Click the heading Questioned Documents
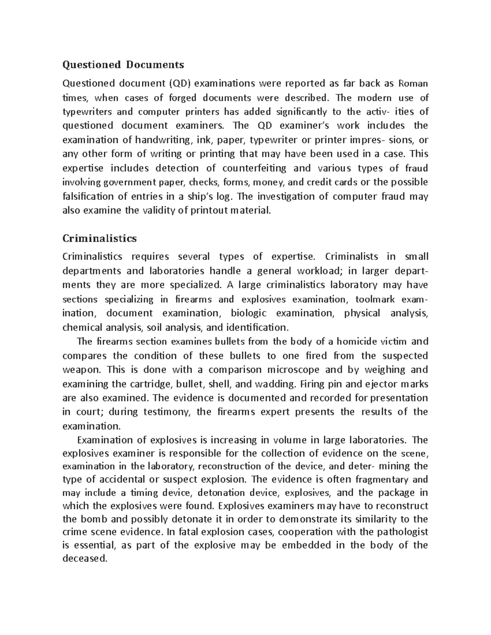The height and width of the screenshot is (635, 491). coord(123,65)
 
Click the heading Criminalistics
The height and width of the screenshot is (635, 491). coord(99,238)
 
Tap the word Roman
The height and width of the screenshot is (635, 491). coord(413,84)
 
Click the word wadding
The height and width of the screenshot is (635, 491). coord(275,384)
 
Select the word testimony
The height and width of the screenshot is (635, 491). coord(167,412)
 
